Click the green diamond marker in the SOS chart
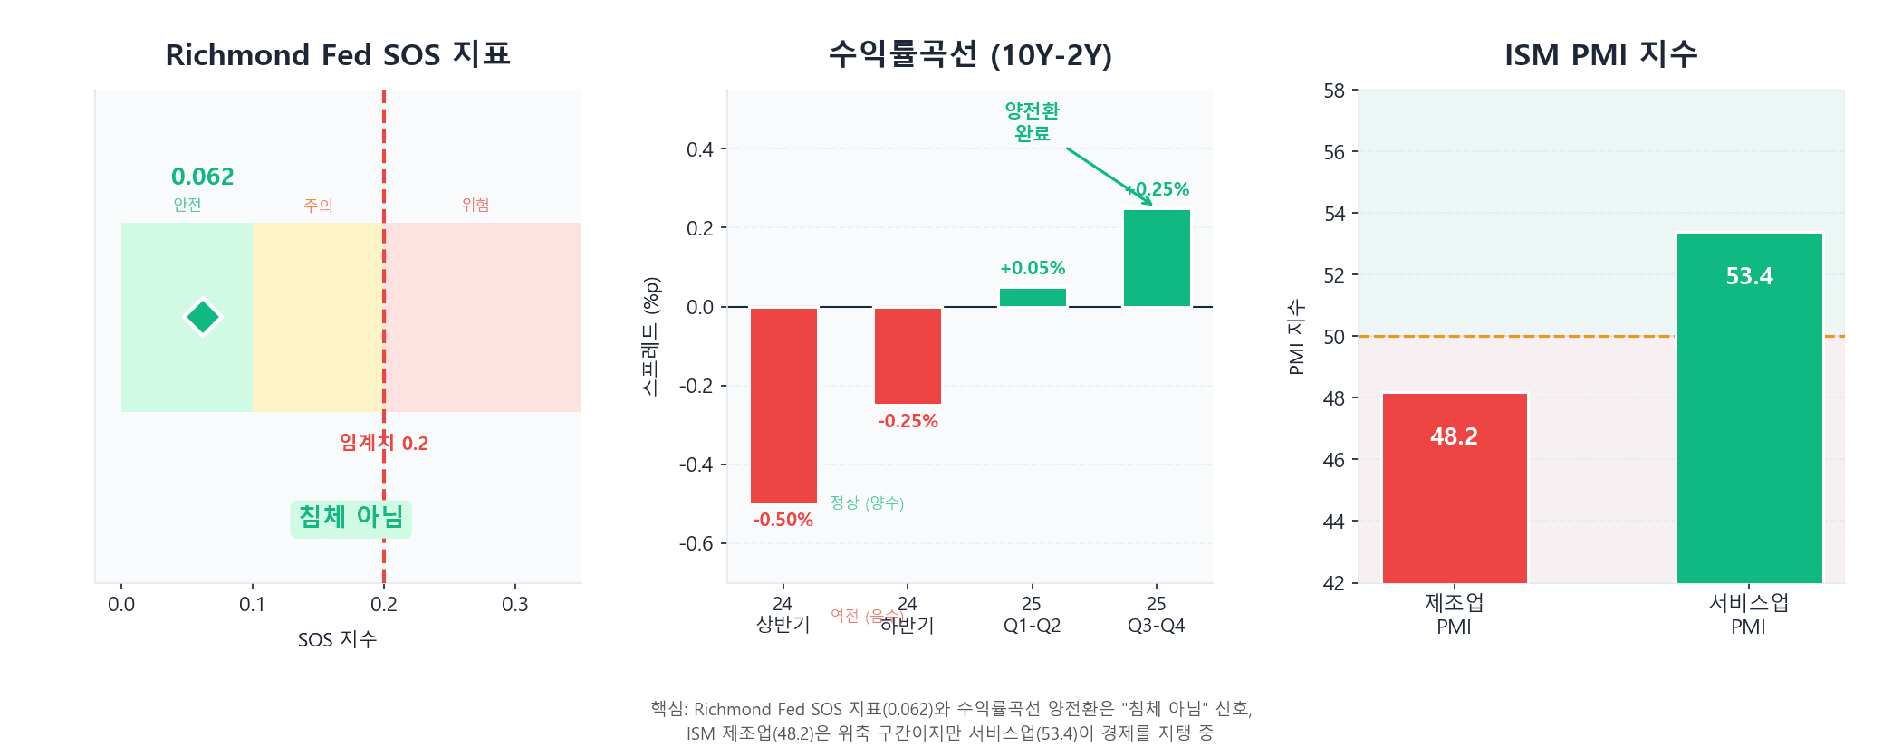(203, 317)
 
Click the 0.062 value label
(203, 177)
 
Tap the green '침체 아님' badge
(351, 518)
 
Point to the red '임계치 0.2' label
(384, 443)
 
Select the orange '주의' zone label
(318, 206)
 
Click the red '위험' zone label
(475, 205)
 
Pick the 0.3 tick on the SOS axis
(515, 604)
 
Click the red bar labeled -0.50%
(783, 405)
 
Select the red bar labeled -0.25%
(908, 356)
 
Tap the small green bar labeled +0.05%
(1033, 297)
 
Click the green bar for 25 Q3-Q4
(1157, 258)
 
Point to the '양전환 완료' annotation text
(1032, 121)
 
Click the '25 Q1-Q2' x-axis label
(1032, 615)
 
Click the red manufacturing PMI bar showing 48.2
(1455, 488)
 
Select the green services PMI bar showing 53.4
(1749, 407)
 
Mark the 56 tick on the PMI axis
(1334, 152)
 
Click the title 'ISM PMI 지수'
(1600, 55)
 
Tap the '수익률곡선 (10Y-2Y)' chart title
(970, 55)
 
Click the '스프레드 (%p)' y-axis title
(651, 336)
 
